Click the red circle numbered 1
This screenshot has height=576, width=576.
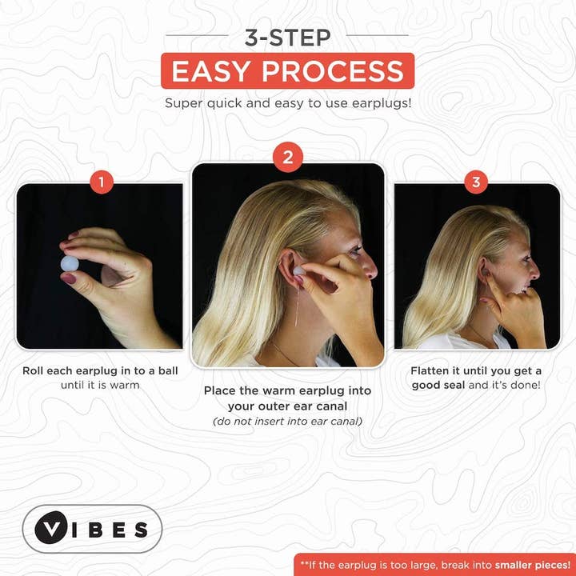101,182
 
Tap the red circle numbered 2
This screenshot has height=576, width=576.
287,158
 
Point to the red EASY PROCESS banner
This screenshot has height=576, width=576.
288,70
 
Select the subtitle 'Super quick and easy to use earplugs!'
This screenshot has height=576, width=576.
288,103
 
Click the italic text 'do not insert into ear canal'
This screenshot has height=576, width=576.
287,421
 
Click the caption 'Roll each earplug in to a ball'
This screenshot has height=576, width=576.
100,370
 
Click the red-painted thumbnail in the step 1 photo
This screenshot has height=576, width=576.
70,279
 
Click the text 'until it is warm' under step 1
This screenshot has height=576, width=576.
100,385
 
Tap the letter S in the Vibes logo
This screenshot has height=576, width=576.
141,530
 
